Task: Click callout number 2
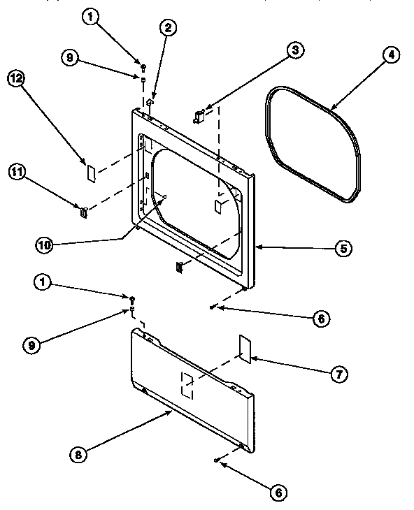tap(169, 29)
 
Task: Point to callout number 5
tap(343, 247)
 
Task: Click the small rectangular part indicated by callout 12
tap(90, 170)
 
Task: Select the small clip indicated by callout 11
tap(84, 212)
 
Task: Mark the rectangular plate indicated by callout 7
tap(245, 347)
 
